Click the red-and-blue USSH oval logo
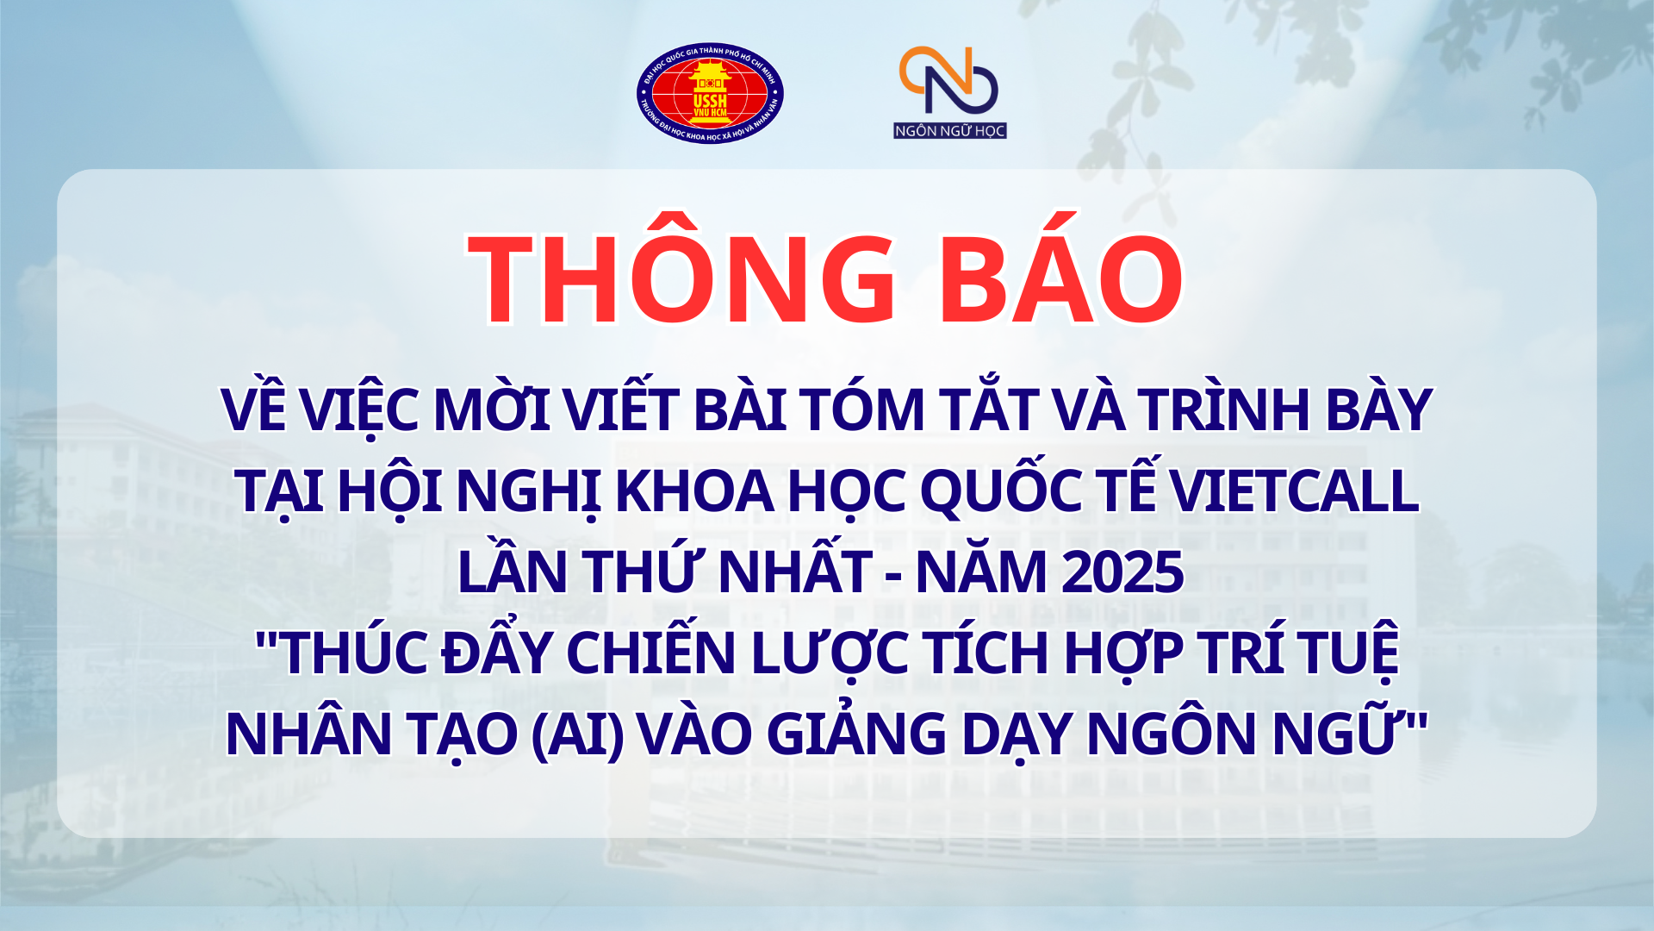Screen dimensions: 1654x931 [x=710, y=93]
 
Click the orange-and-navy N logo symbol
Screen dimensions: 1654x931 [x=948, y=80]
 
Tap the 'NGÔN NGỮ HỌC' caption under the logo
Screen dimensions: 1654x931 [x=949, y=130]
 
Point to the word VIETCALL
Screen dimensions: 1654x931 [x=1294, y=490]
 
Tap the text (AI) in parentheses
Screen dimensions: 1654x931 [x=577, y=734]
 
